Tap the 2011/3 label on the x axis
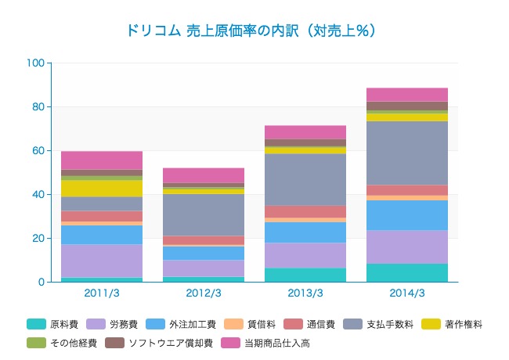point(102,293)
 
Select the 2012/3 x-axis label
point(204,293)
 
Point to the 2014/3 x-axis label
point(407,293)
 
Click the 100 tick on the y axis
point(35,63)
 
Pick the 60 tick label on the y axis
point(38,150)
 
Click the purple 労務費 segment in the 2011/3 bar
point(102,261)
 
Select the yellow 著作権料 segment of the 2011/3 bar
point(102,188)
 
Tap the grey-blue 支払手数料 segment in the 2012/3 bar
point(204,214)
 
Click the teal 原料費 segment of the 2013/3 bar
point(305,275)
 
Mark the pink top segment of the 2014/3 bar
point(407,95)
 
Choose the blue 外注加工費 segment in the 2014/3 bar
point(407,215)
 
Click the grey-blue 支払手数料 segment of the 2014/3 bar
point(407,153)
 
